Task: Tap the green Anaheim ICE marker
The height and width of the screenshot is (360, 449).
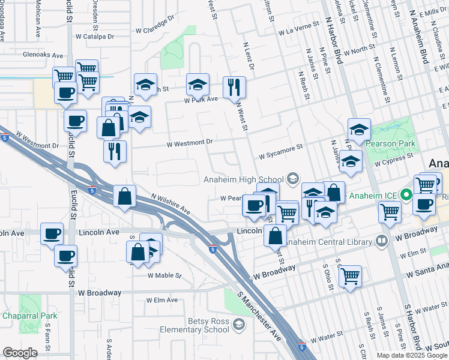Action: [x=406, y=195]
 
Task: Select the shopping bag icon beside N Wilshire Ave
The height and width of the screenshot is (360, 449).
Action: [x=124, y=196]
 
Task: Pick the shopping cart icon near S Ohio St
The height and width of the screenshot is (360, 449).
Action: [x=350, y=276]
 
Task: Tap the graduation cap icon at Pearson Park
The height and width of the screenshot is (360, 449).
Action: [x=359, y=130]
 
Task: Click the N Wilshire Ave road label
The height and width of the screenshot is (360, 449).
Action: [x=171, y=205]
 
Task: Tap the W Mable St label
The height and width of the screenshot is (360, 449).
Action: [x=164, y=275]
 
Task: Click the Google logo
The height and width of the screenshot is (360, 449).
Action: [x=20, y=353]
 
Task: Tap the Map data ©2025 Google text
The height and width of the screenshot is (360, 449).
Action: [x=411, y=355]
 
